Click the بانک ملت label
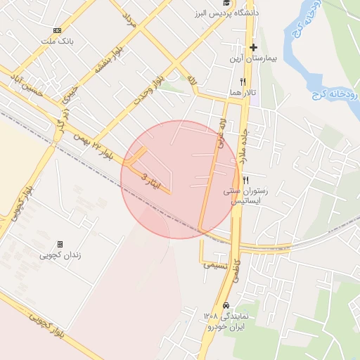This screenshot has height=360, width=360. point(57,42)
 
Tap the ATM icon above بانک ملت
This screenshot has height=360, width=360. point(57,31)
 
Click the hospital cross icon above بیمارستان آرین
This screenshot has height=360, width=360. point(254,48)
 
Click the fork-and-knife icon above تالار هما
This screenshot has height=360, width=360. point(242,82)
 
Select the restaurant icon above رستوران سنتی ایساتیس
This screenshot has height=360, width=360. point(245,180)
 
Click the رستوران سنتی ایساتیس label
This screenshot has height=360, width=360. point(245,195)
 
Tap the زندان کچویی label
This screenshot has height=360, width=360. point(60,255)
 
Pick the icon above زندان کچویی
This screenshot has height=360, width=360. point(60,243)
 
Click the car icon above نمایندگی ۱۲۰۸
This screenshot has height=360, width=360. point(226,306)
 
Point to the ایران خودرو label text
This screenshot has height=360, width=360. point(224,328)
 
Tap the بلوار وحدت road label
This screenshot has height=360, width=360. point(150,88)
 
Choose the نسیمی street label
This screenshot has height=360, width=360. point(215,265)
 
